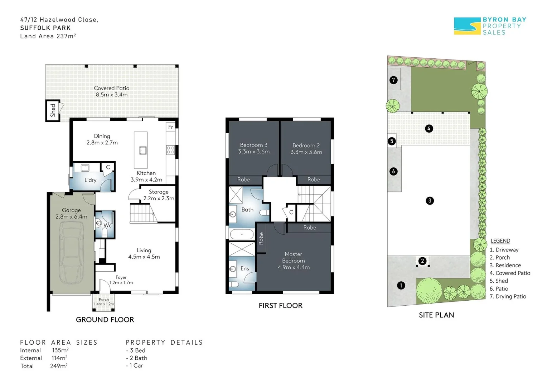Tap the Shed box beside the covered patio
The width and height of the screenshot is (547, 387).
(53, 110)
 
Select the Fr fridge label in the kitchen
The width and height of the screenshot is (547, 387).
(171, 127)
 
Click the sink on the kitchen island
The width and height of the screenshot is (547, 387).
(143, 150)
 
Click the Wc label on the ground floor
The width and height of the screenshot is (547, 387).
(107, 225)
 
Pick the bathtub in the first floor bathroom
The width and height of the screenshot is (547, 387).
(242, 234)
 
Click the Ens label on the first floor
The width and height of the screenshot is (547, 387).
(245, 268)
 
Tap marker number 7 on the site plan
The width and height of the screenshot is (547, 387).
(393, 80)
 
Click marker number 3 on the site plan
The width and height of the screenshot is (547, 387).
(430, 201)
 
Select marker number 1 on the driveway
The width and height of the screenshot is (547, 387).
(401, 285)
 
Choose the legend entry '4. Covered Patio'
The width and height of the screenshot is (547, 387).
(510, 273)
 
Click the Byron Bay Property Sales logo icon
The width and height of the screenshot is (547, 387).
(467, 26)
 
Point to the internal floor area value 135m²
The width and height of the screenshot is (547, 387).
(60, 350)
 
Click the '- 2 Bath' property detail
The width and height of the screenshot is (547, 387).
(136, 358)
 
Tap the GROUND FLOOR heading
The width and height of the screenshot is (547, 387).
(105, 320)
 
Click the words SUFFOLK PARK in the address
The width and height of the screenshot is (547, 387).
(45, 28)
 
